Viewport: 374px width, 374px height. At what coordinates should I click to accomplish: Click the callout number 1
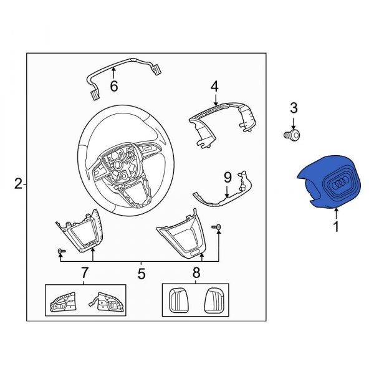point(336,228)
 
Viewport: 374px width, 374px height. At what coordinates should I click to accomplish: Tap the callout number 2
point(18,183)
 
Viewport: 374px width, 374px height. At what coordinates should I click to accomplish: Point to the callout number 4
point(214,86)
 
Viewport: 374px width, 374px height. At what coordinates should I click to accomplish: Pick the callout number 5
point(141,273)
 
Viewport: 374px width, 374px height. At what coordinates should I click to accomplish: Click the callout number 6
point(113,86)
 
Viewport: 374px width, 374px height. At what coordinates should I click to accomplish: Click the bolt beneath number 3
point(292,134)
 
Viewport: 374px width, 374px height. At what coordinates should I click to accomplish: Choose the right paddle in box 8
point(214,300)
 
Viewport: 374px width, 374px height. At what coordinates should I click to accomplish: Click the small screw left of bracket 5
point(60,251)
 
